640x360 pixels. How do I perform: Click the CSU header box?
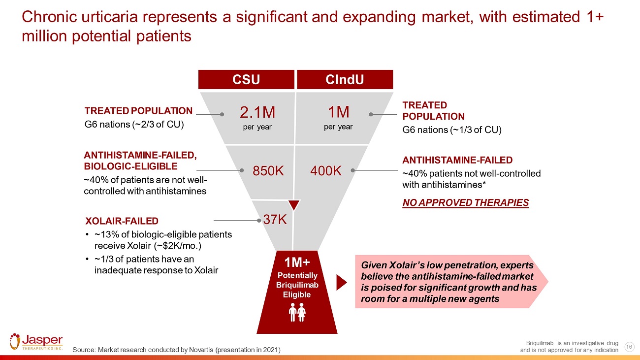pyautogui.click(x=246, y=80)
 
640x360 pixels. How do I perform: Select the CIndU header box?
pyautogui.click(x=345, y=80)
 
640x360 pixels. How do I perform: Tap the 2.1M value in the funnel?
pyautogui.click(x=257, y=113)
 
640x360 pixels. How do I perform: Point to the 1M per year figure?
pyautogui.click(x=338, y=113)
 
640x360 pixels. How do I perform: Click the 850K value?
pyautogui.click(x=268, y=171)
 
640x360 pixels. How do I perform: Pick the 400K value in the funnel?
pyautogui.click(x=326, y=171)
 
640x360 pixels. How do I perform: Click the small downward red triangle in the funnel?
pyautogui.click(x=294, y=205)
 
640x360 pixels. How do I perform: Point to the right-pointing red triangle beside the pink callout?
pyautogui.click(x=341, y=282)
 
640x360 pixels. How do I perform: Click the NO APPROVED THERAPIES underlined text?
pyautogui.click(x=465, y=203)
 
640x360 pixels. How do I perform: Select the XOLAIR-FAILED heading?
pyautogui.click(x=122, y=221)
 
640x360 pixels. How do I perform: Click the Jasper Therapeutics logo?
pyautogui.click(x=36, y=341)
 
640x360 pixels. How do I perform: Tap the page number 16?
pyautogui.click(x=628, y=347)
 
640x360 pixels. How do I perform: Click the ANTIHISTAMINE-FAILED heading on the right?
pyautogui.click(x=457, y=160)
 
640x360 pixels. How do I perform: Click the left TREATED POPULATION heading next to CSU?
pyautogui.click(x=138, y=111)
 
